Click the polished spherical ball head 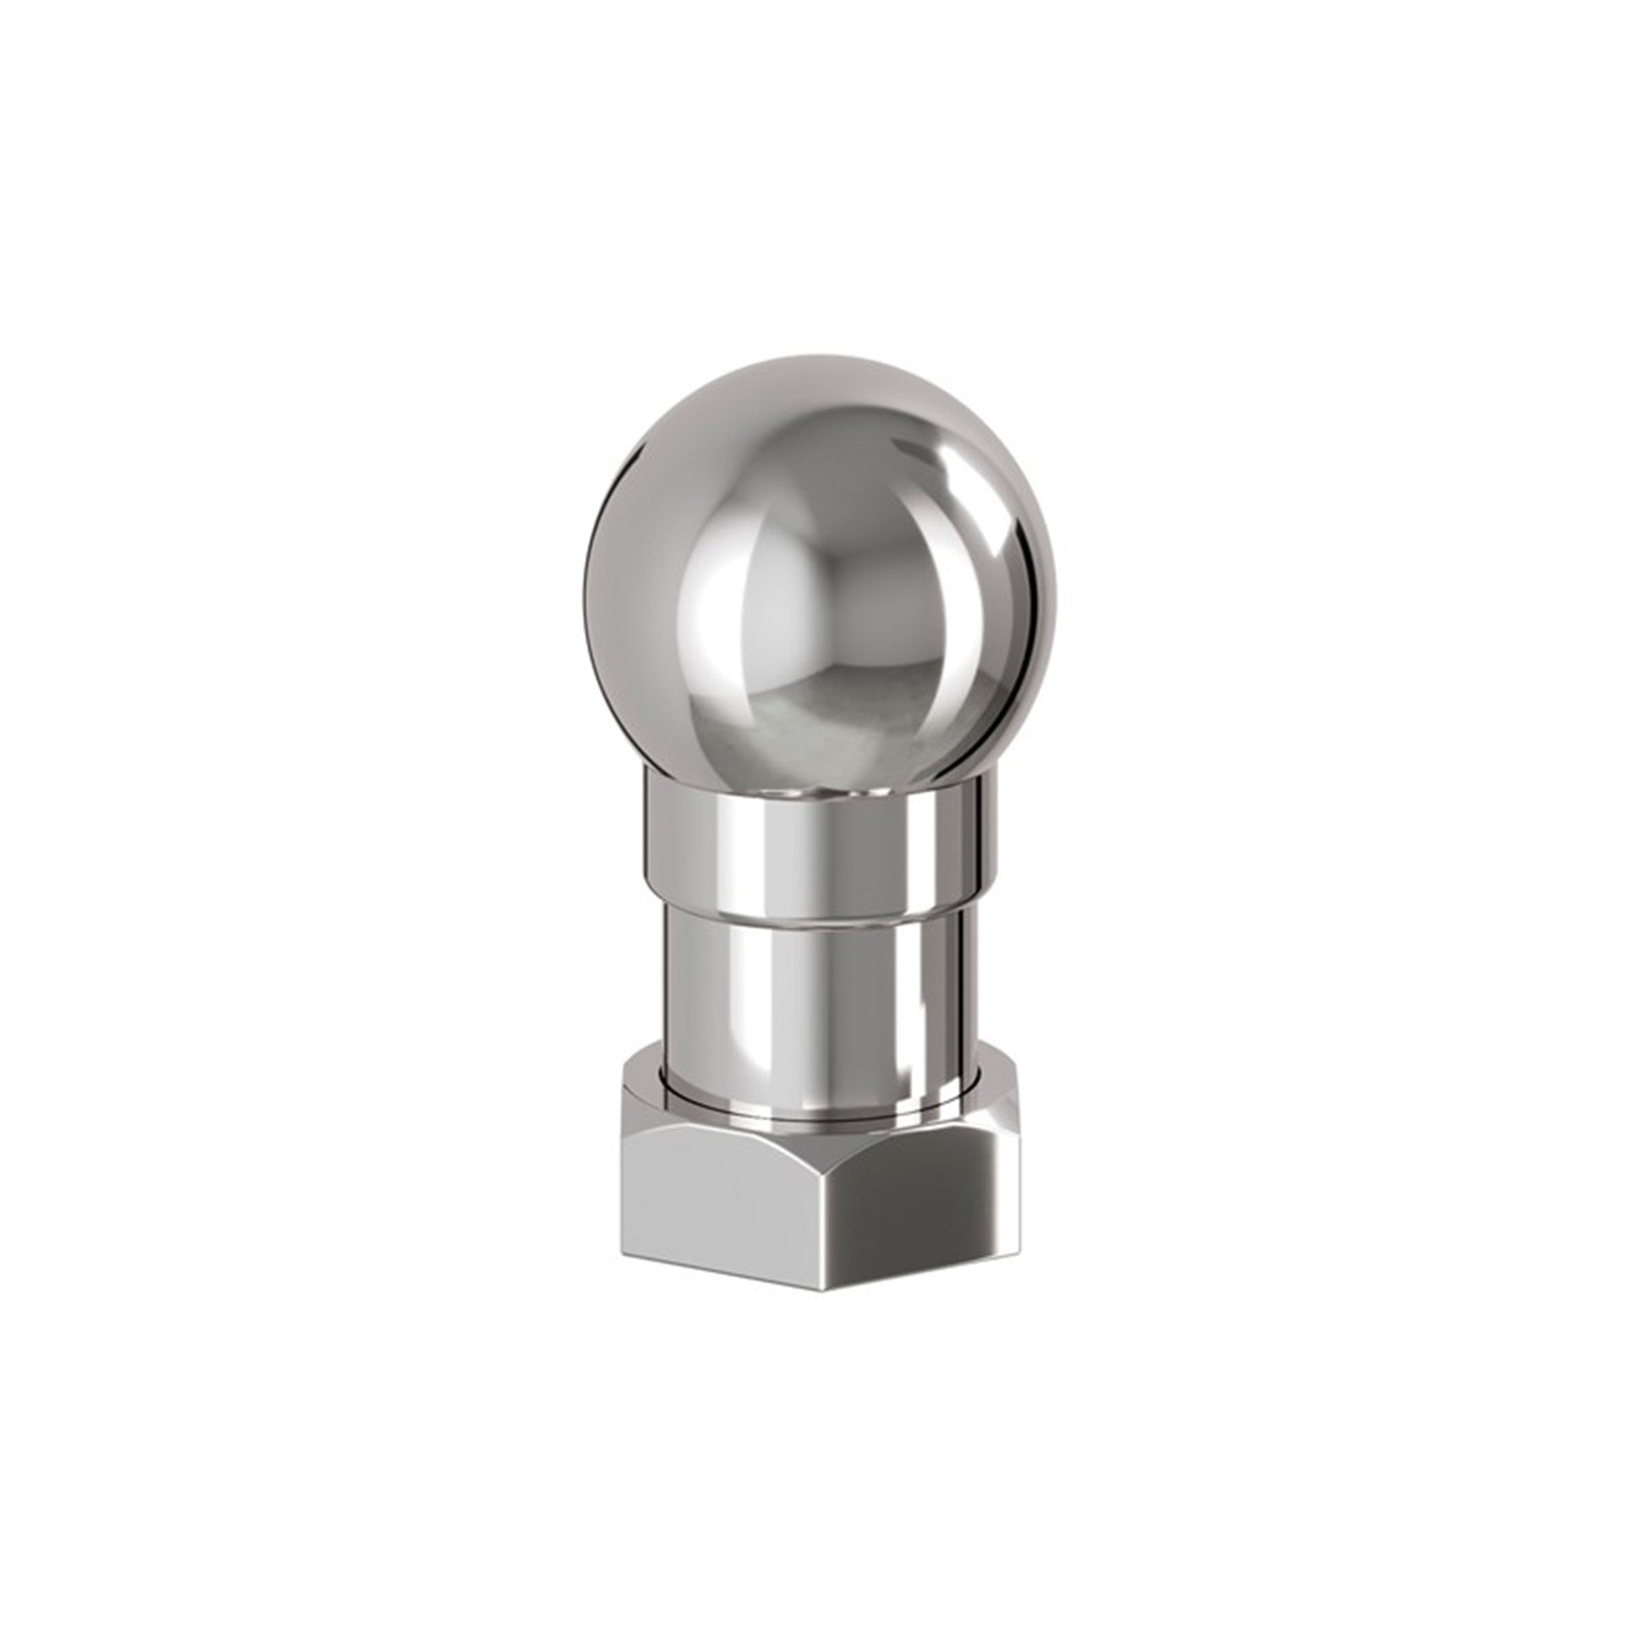coord(820,581)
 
